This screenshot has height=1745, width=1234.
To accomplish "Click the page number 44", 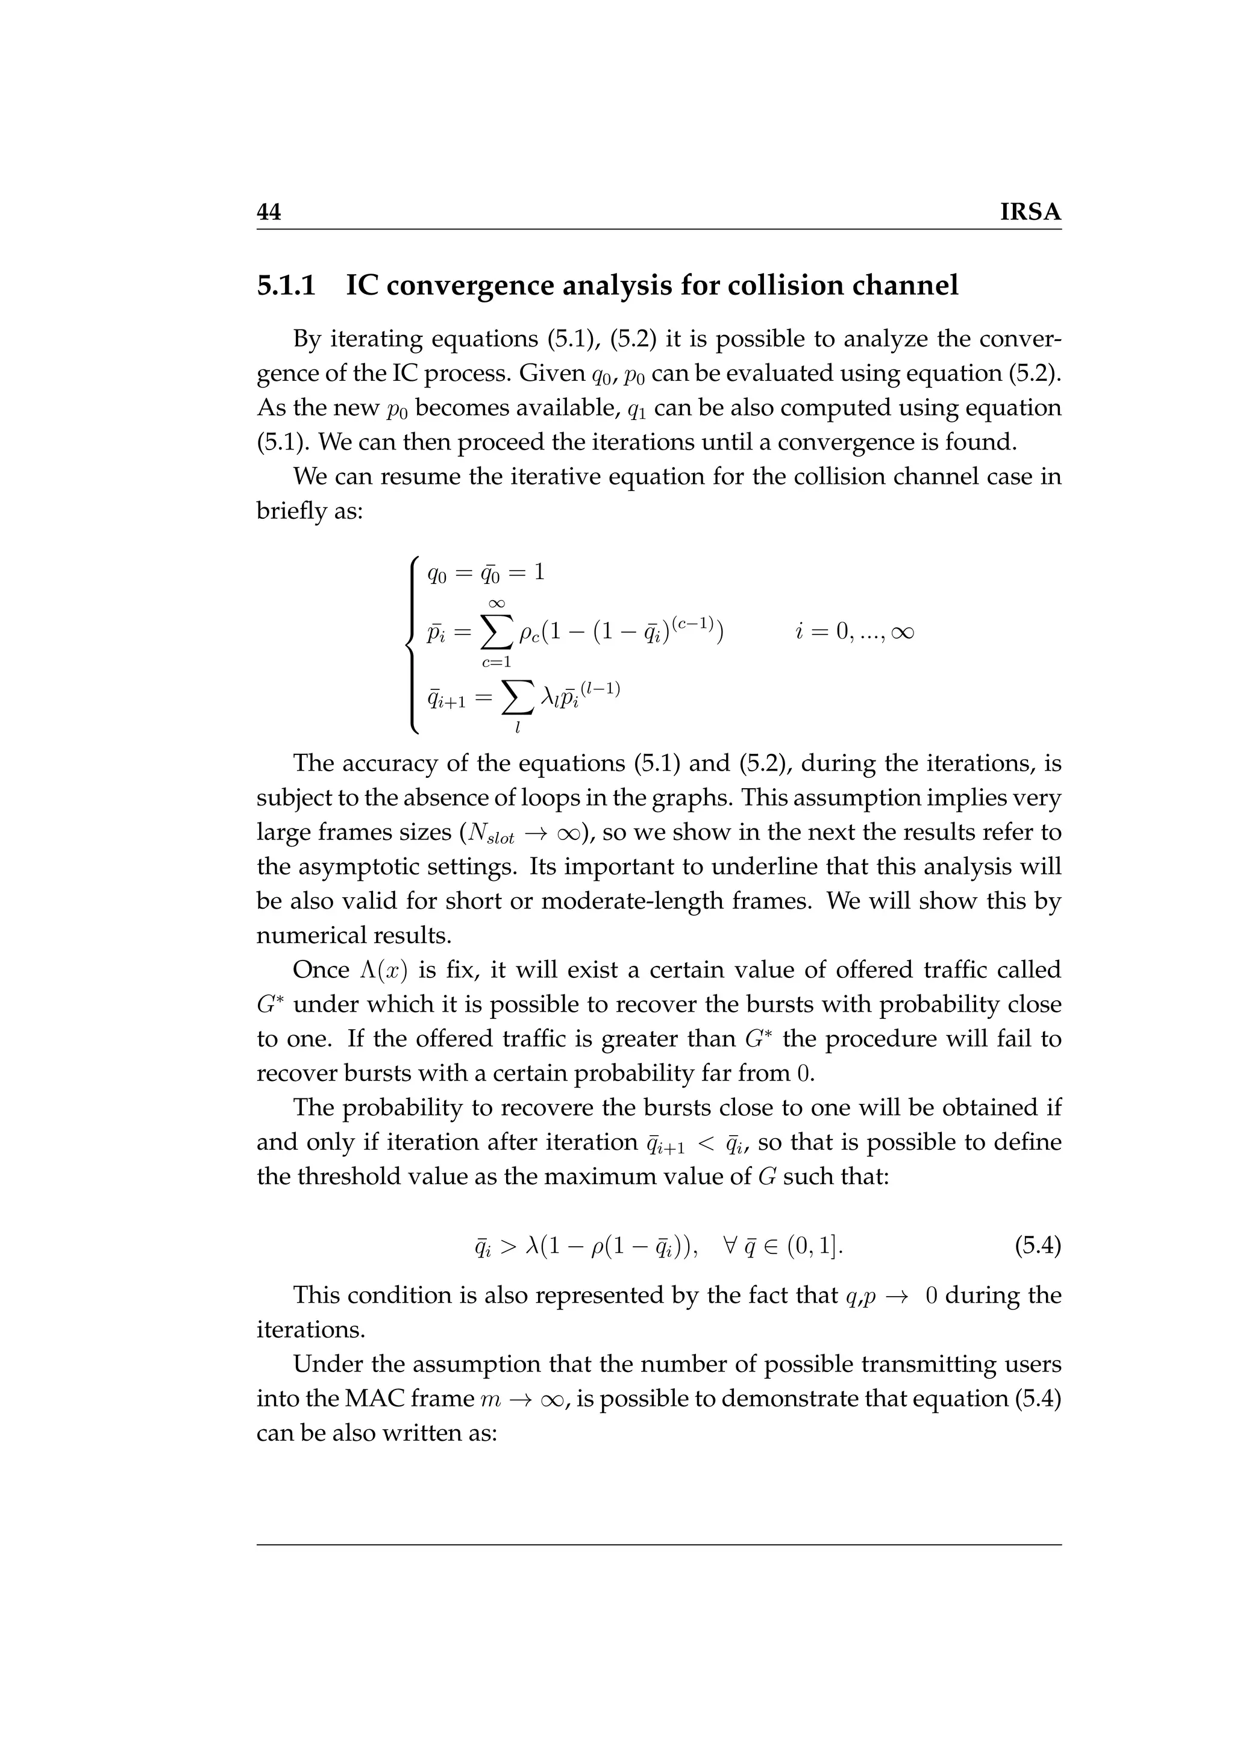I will (x=269, y=212).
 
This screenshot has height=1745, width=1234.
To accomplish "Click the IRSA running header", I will (x=1030, y=212).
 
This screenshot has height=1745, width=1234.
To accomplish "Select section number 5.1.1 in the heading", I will (x=286, y=286).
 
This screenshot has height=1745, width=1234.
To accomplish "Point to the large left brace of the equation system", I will (x=413, y=645).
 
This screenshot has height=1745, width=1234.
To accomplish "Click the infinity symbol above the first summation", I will (x=496, y=603).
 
